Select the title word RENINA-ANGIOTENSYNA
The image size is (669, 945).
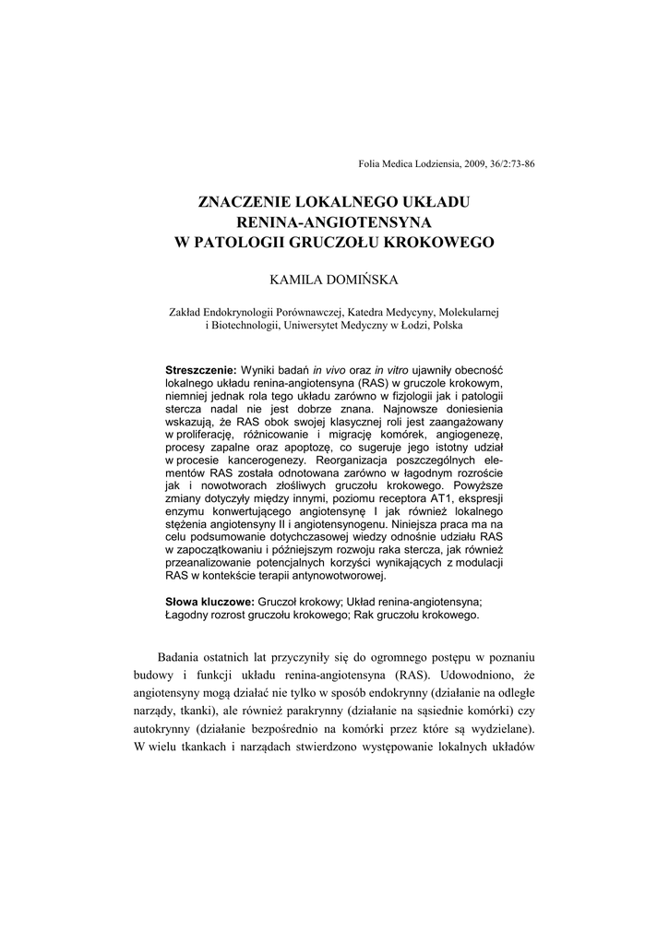point(334,221)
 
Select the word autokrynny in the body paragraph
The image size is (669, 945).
point(164,728)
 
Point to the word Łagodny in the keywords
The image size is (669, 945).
point(187,615)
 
